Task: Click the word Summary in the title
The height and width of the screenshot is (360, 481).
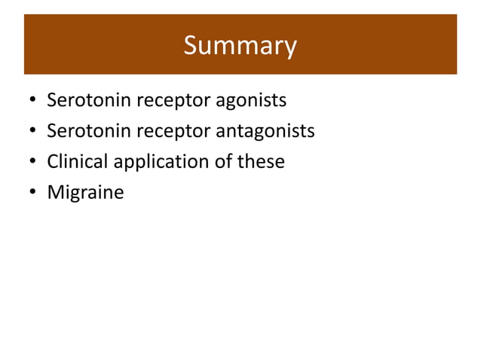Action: [240, 46]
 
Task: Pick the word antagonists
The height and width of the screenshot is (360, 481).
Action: [265, 132]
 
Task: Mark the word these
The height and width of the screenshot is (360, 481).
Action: [261, 161]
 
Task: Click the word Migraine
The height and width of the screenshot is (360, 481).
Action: [85, 193]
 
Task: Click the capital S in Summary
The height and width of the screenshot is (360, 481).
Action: [191, 46]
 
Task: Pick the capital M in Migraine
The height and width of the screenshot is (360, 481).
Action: [55, 192]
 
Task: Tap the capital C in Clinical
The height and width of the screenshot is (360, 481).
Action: [53, 161]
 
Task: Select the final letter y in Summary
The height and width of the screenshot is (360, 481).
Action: [290, 49]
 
